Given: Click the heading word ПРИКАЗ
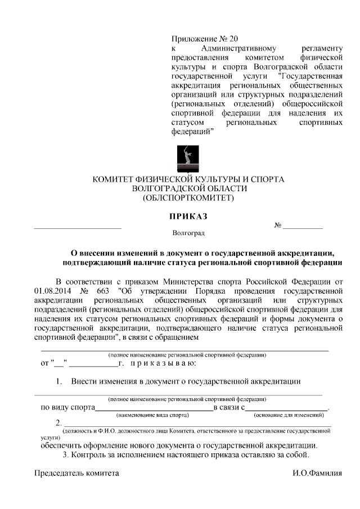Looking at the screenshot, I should coord(188,216).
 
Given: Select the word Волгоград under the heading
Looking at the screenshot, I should coord(188,232).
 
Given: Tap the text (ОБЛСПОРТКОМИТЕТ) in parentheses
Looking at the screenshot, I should coord(188,198).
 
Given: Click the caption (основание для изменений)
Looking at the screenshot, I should coord(289,415).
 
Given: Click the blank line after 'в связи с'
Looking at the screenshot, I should coord(287,409).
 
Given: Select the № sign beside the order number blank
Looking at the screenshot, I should coord(278,225).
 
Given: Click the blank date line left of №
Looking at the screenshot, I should coord(78,227).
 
